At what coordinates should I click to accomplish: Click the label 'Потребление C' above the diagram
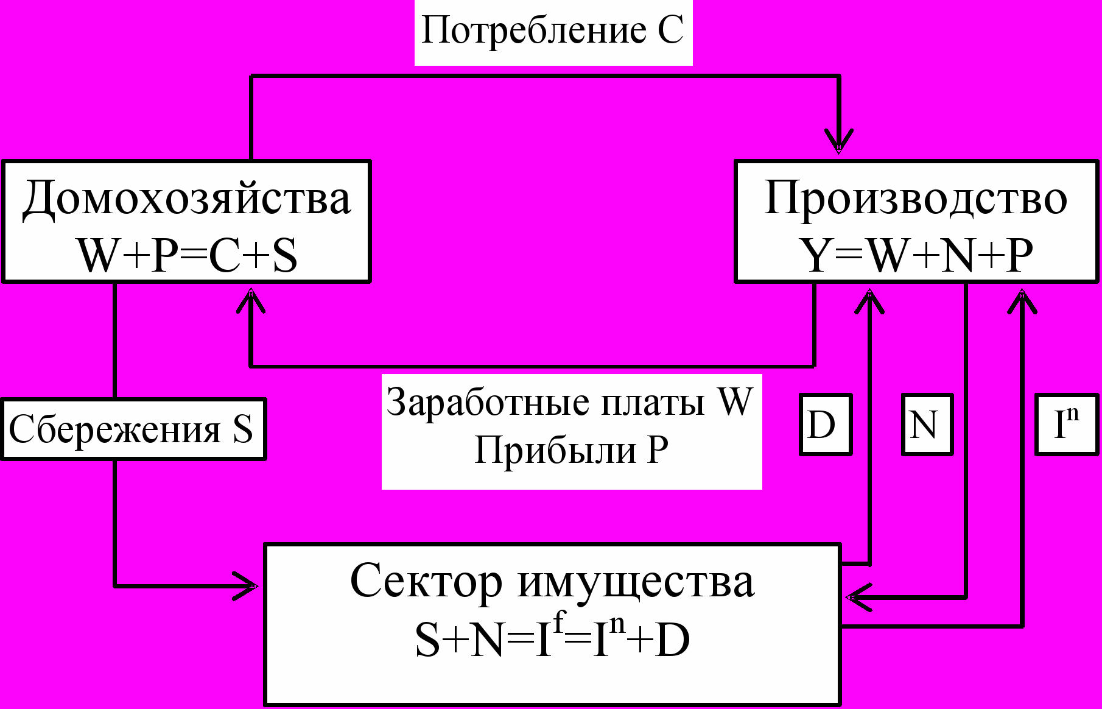click(553, 30)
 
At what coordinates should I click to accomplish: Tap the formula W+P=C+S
click(188, 255)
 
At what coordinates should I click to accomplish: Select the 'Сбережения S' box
click(133, 429)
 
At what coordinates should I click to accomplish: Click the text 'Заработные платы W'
click(570, 402)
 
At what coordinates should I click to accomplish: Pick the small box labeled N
click(927, 425)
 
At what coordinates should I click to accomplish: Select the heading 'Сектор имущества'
click(552, 581)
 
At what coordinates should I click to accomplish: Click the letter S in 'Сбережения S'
click(242, 429)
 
